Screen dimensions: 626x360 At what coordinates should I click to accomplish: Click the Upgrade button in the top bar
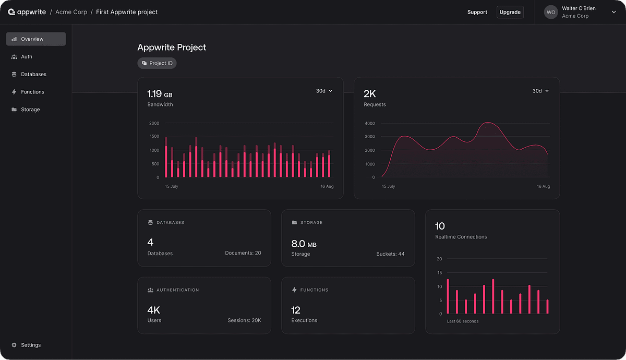510,12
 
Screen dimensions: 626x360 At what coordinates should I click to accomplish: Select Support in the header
477,12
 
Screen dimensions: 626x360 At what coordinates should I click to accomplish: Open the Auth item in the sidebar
27,56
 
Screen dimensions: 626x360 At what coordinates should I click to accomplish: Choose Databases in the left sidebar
33,74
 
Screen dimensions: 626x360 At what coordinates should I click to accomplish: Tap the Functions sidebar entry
32,92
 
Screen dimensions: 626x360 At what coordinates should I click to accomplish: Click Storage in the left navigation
30,109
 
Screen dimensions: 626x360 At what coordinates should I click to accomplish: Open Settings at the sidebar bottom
31,345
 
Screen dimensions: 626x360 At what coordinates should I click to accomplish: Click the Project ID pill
157,63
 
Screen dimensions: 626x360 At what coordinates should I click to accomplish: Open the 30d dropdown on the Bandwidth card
324,91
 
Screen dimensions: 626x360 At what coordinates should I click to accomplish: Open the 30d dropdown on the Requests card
540,91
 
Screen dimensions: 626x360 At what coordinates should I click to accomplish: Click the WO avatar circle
550,12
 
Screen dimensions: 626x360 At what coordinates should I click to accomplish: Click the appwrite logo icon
11,11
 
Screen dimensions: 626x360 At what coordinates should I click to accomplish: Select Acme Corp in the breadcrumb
71,12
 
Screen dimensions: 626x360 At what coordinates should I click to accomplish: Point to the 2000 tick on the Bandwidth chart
154,123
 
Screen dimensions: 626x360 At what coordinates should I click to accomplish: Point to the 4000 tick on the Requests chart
370,123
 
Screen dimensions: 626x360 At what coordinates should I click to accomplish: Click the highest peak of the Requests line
488,123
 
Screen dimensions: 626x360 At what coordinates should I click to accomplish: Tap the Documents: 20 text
243,253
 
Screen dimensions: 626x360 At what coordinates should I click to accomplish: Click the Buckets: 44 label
390,254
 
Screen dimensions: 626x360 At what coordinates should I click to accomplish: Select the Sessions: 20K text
244,320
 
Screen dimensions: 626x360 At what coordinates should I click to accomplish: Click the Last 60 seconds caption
463,321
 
